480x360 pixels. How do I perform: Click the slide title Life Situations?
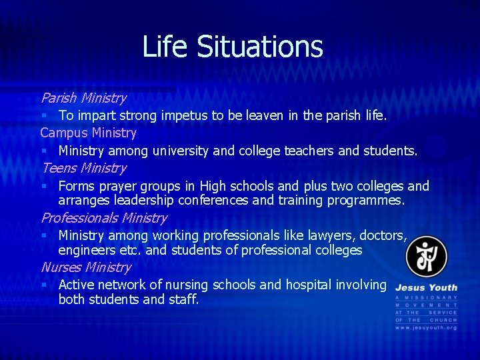click(233, 47)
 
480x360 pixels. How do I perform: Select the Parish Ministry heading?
click(83, 98)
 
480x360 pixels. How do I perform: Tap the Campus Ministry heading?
click(88, 133)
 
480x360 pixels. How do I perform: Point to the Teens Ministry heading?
click(83, 168)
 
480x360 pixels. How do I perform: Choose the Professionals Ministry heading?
click(104, 218)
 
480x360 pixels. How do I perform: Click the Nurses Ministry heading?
click(86, 267)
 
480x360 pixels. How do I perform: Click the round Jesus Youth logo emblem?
click(427, 257)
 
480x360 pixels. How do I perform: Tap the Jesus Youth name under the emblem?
click(426, 287)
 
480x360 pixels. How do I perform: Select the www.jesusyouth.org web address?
click(426, 328)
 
